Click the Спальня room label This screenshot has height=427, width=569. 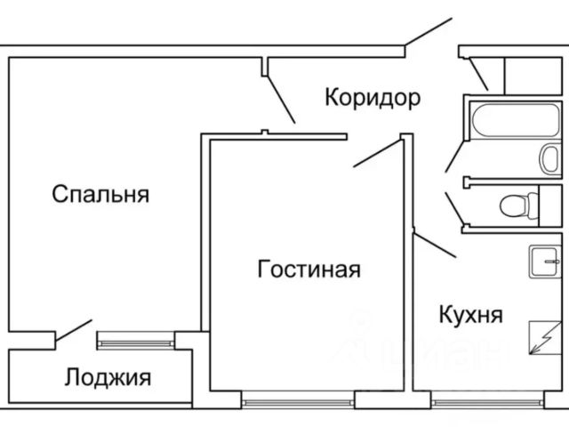[x=100, y=194]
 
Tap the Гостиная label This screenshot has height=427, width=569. [x=309, y=269]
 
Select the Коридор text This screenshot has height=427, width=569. [x=373, y=97]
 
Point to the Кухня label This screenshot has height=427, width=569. [x=470, y=314]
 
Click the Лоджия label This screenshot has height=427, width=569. [x=108, y=377]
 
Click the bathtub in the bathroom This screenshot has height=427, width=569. [x=516, y=120]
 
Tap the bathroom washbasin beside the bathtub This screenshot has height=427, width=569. [x=549, y=159]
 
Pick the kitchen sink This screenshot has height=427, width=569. [x=545, y=261]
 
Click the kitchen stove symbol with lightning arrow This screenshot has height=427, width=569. [x=545, y=338]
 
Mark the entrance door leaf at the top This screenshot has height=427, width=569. [x=429, y=32]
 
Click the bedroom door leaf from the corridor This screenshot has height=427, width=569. [x=281, y=99]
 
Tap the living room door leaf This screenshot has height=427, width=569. [x=377, y=154]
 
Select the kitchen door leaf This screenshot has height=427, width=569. [x=435, y=246]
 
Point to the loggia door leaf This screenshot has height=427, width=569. [x=74, y=330]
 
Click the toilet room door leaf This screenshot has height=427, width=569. [x=454, y=208]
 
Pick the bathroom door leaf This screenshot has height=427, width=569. [x=455, y=157]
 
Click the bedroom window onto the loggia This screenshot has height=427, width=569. [x=136, y=343]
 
